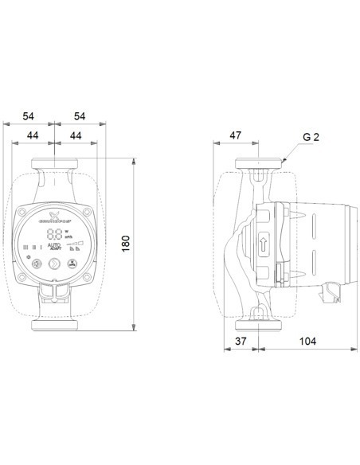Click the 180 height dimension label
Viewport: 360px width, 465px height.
(x=125, y=244)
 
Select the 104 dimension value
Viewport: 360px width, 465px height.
(x=307, y=341)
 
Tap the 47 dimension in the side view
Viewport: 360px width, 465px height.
(x=236, y=136)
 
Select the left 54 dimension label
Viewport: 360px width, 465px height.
(x=29, y=116)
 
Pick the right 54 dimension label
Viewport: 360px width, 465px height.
(x=80, y=116)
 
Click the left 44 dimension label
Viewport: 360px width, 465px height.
(x=34, y=136)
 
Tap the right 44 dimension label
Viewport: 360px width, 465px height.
(x=76, y=136)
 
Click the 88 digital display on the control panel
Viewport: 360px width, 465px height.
(x=55, y=234)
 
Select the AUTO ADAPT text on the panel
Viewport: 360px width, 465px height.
(x=55, y=248)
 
